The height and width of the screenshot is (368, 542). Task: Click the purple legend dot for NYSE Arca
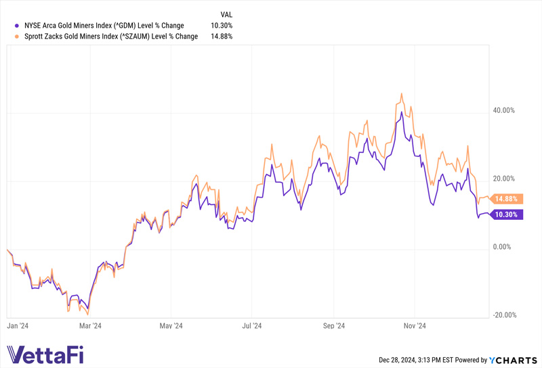(x=16, y=25)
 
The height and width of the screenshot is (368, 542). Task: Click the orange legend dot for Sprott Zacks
(x=16, y=37)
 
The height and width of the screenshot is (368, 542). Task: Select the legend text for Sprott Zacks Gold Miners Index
(x=110, y=37)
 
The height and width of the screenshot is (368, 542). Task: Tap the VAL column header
(x=227, y=14)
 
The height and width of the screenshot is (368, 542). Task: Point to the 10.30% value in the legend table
(x=222, y=25)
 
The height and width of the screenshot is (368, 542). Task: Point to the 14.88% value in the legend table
(x=222, y=37)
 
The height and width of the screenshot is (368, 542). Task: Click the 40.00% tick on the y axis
(x=503, y=110)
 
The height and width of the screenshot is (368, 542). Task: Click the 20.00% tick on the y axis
(x=503, y=179)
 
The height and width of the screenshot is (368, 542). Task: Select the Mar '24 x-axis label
(x=90, y=325)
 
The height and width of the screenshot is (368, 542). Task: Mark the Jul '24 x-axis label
(x=252, y=325)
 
